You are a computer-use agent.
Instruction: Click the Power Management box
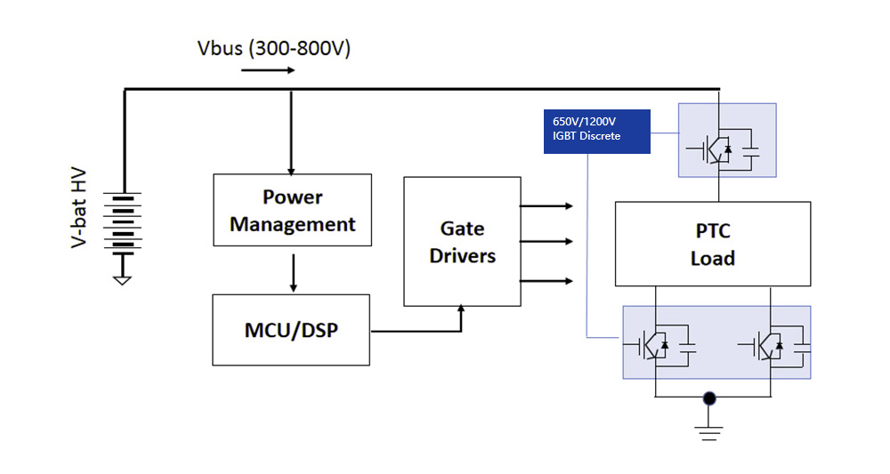(292, 210)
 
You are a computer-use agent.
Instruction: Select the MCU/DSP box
(291, 330)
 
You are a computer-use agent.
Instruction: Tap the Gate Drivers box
(462, 241)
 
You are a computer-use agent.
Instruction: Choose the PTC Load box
(713, 244)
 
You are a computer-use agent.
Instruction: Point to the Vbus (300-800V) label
(273, 48)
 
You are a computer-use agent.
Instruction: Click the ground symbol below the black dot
(709, 433)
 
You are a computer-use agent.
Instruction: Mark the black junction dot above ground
(709, 398)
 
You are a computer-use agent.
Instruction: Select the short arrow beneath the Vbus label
(267, 68)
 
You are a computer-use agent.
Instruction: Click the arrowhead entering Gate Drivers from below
(461, 309)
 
